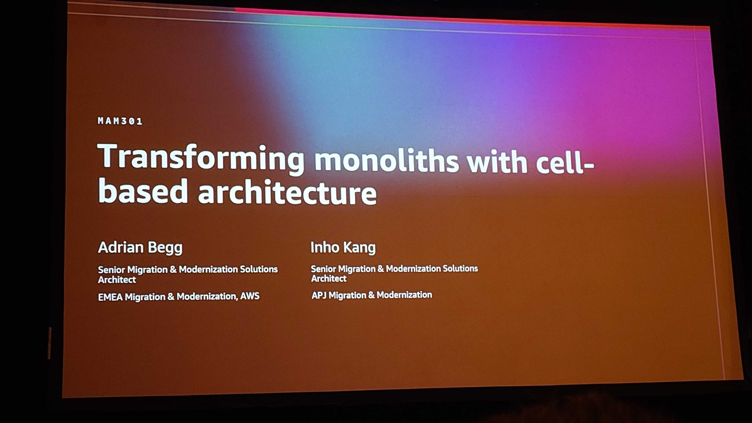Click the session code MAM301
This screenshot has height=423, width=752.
tap(120, 121)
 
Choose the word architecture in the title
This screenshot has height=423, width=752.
tap(288, 193)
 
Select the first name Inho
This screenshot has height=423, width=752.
tap(324, 247)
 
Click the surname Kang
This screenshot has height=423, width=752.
tap(359, 248)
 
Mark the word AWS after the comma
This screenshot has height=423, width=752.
tap(250, 296)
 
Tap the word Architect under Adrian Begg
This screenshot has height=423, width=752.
tap(117, 280)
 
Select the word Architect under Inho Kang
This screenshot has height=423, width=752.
tap(329, 278)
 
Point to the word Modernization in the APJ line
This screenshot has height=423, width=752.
tap(404, 295)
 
